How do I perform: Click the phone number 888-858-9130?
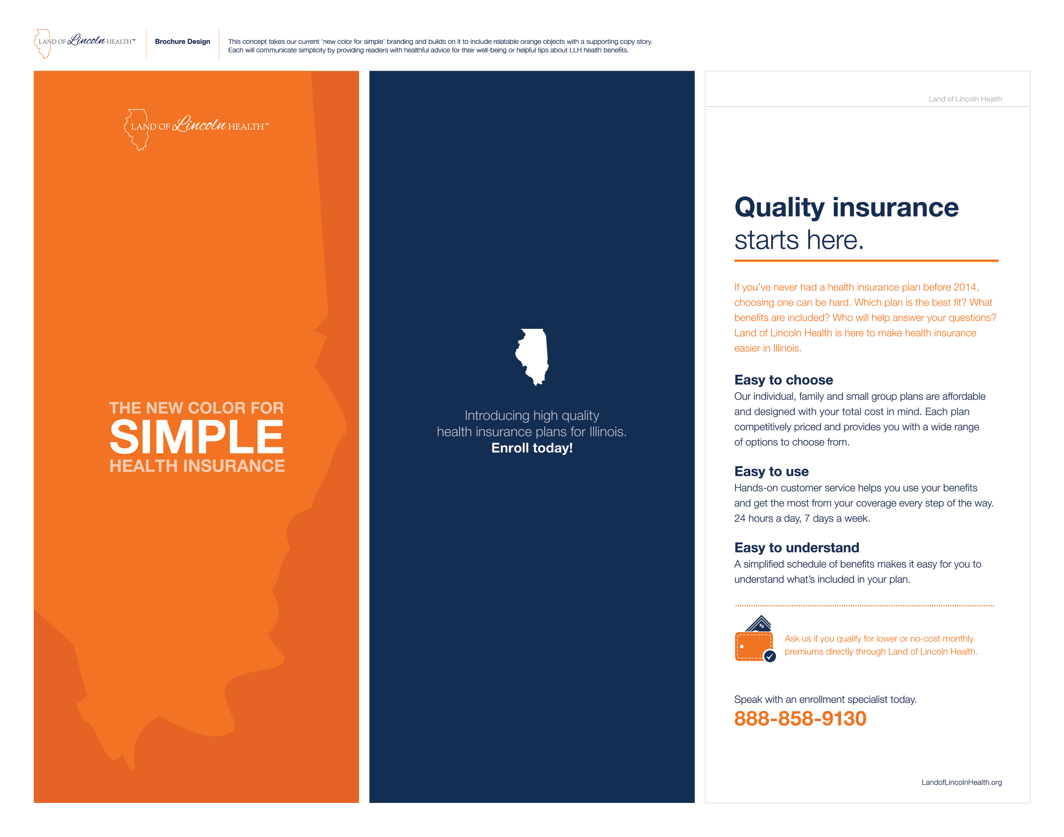[x=800, y=719]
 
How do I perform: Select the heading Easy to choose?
[x=784, y=380]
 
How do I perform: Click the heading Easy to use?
[x=771, y=472]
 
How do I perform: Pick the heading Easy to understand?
[x=797, y=547]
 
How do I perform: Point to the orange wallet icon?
[x=754, y=639]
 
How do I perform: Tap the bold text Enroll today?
[x=532, y=448]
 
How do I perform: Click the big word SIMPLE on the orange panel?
[x=196, y=437]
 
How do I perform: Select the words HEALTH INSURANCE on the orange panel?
[x=197, y=466]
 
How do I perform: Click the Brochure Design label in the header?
[x=182, y=42]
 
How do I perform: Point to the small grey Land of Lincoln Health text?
[x=965, y=99]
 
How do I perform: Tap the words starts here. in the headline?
[x=799, y=240]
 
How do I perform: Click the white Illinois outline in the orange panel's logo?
[x=137, y=129]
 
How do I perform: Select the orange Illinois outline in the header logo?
[x=43, y=43]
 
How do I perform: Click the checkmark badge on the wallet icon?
[x=770, y=656]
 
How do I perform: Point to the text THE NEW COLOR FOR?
[x=196, y=408]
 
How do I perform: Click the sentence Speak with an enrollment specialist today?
[x=825, y=699]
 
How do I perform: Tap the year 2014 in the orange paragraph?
[x=965, y=287]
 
